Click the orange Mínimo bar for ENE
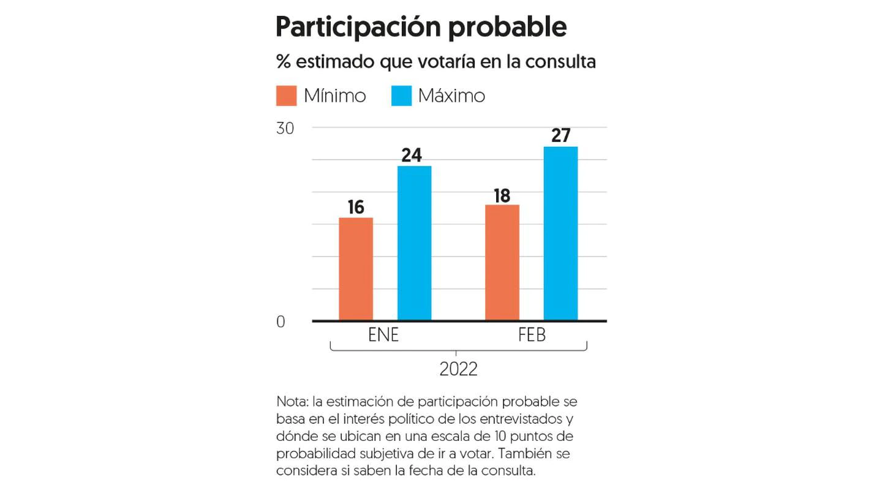[x=356, y=269]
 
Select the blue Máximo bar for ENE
[x=415, y=243]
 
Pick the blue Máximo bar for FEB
[x=560, y=233]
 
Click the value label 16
[x=356, y=208]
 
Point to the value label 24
[x=412, y=156]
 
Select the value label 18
[x=502, y=195]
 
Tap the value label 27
[x=560, y=135]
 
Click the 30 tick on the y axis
[x=285, y=129]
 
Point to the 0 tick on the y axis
[x=281, y=322]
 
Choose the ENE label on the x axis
[x=384, y=336]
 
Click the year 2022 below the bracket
[x=458, y=370]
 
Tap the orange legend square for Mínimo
[x=286, y=96]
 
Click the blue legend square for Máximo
[x=401, y=96]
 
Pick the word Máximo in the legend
[x=451, y=96]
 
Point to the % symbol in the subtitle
[x=282, y=62]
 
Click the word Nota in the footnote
[x=292, y=402]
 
